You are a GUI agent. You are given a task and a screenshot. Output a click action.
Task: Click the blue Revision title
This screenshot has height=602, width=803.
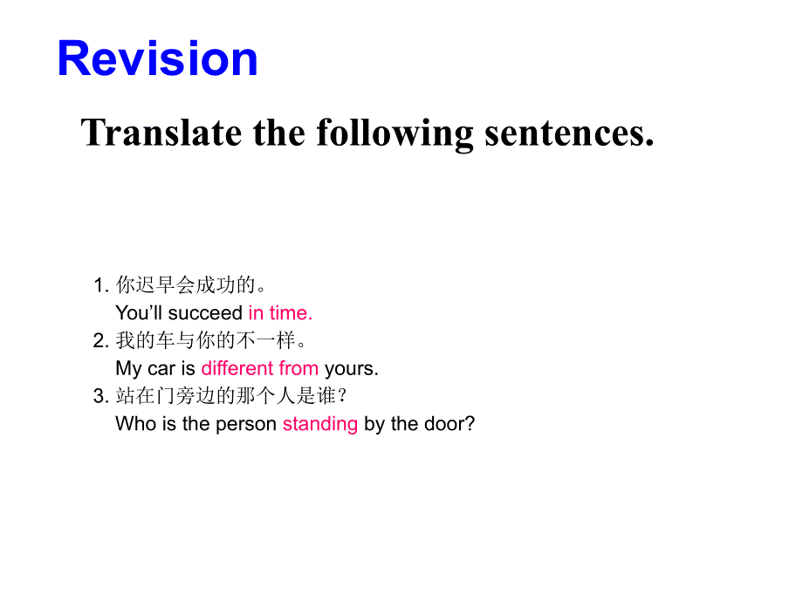[x=157, y=59]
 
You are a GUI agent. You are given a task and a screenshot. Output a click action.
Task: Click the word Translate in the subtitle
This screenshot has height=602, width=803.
[x=161, y=133]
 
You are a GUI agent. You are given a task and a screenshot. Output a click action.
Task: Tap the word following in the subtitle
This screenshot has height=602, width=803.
[x=395, y=133]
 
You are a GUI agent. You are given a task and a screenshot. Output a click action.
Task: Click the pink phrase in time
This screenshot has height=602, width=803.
[x=280, y=312]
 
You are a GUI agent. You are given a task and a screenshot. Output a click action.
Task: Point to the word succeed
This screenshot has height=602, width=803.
[x=205, y=312]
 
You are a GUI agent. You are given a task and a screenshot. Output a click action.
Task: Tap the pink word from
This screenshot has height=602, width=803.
[x=299, y=368]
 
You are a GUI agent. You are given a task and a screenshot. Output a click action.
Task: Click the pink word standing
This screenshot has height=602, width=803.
[x=320, y=424]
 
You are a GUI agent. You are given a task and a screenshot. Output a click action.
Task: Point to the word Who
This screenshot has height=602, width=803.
[x=134, y=424]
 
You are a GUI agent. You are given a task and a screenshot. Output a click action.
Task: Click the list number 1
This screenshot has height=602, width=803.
[x=100, y=285]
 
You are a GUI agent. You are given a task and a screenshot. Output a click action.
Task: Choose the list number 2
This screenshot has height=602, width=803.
[x=100, y=341]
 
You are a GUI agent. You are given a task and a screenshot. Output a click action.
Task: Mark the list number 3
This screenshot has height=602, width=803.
[x=100, y=397]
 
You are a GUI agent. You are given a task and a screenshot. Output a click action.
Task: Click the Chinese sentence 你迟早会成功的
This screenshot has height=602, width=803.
[x=190, y=285]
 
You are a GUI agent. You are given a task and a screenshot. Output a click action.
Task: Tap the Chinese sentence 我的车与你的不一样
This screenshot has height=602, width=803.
[x=210, y=341]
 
